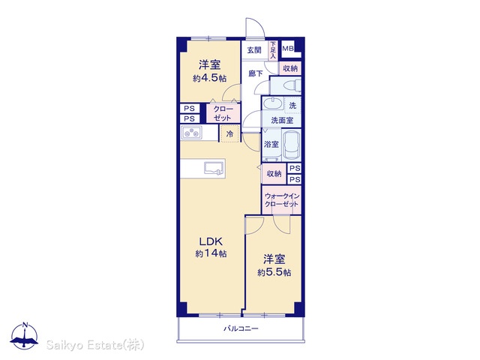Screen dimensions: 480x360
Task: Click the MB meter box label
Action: [x=288, y=48]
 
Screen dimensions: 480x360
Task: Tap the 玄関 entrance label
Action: [x=254, y=50]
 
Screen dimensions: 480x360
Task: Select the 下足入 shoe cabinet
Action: [x=273, y=50]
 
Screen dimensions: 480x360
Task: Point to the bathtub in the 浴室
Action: [x=292, y=145]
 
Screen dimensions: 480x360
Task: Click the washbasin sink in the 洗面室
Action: [x=273, y=103]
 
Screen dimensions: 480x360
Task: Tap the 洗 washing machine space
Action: [x=293, y=106]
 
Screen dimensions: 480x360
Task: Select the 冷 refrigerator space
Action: [x=229, y=133]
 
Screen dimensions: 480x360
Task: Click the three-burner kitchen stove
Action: [x=191, y=133]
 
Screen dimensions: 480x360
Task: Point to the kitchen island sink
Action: [x=214, y=169]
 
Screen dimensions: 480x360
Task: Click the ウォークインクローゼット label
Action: [x=282, y=200]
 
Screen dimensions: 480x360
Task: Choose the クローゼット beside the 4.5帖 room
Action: [x=223, y=113]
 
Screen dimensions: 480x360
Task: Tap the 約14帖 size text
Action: [x=211, y=253]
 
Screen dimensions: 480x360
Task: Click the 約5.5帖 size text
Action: [x=274, y=272]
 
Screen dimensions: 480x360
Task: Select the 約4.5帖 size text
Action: [x=210, y=78]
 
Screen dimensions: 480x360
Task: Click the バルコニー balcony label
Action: [x=241, y=328]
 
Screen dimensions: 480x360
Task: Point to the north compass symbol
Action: [x=25, y=336]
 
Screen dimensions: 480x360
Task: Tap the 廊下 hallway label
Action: [x=256, y=73]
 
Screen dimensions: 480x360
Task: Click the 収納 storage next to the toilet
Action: [x=290, y=68]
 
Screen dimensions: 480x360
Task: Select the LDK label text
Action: [x=211, y=241]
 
